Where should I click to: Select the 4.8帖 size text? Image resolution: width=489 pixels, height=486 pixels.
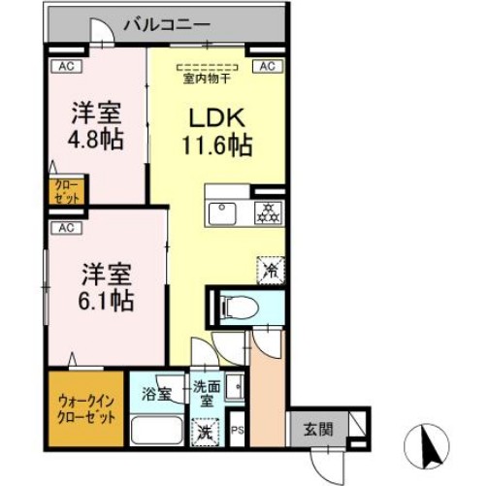point(95,139)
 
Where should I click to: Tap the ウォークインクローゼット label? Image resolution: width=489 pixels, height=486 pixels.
point(86,407)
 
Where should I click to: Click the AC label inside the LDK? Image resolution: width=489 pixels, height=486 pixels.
point(267,66)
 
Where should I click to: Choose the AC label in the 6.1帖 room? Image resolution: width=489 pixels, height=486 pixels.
point(67,229)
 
